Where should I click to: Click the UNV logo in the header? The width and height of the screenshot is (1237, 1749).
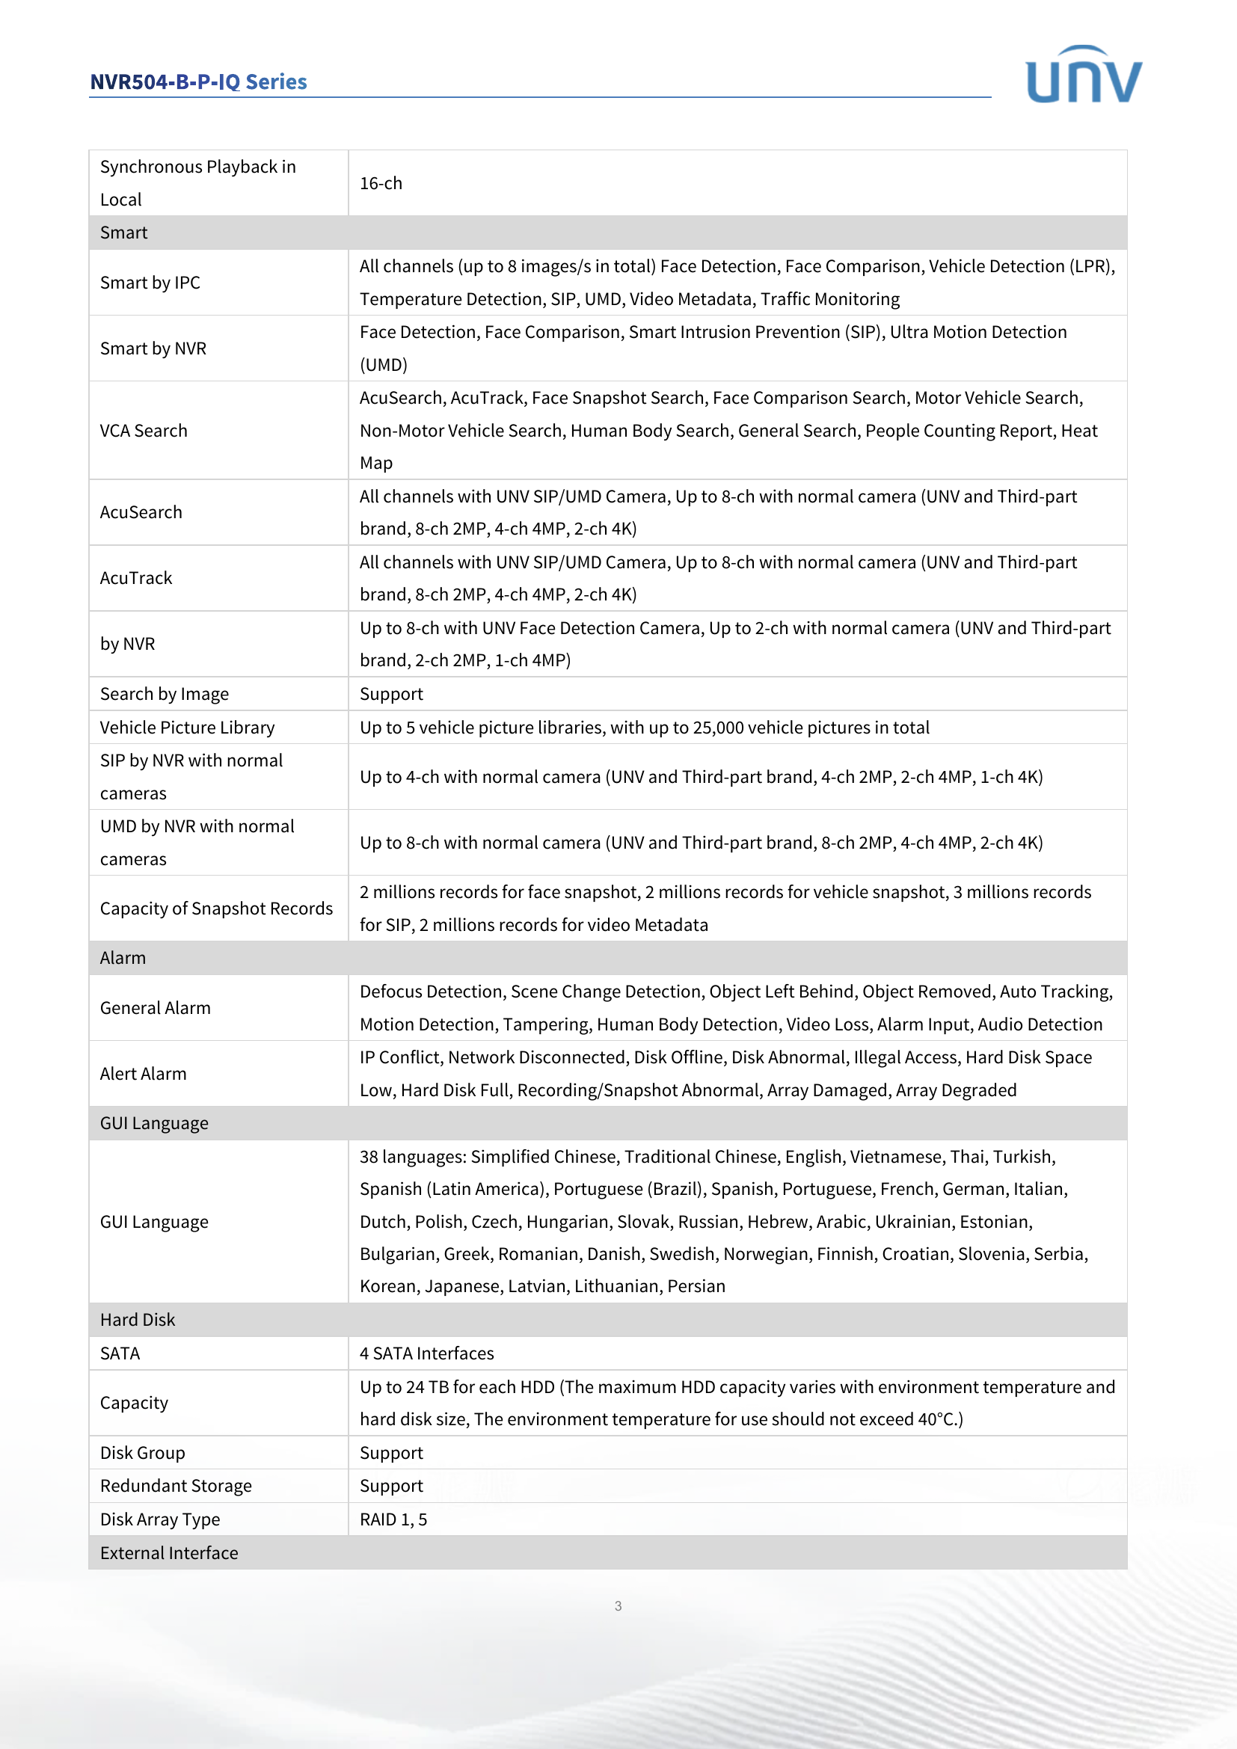pyautogui.click(x=1083, y=76)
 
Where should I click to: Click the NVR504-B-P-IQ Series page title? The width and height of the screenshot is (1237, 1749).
pyautogui.click(x=198, y=82)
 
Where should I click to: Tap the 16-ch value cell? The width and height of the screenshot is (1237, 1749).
pyautogui.click(x=381, y=184)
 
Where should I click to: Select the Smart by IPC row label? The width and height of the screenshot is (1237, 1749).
pyautogui.click(x=150, y=283)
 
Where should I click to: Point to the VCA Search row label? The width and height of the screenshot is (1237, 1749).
pyautogui.click(x=143, y=431)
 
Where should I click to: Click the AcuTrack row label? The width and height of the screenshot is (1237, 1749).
pyautogui.click(x=136, y=578)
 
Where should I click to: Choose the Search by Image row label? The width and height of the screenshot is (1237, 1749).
pyautogui.click(x=165, y=694)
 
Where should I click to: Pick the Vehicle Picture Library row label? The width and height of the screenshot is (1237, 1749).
pyautogui.click(x=188, y=728)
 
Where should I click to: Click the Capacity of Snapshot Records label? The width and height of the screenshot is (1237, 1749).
pyautogui.click(x=216, y=909)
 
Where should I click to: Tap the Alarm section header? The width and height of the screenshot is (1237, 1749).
pyautogui.click(x=123, y=959)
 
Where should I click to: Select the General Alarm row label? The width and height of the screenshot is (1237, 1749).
pyautogui.click(x=156, y=1008)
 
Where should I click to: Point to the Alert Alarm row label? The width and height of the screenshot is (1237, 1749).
pyautogui.click(x=143, y=1074)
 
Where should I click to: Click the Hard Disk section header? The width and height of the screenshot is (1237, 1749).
pyautogui.click(x=138, y=1320)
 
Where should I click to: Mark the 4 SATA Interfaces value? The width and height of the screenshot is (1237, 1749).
pyautogui.click(x=426, y=1353)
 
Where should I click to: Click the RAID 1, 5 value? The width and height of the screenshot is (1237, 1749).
pyautogui.click(x=393, y=1519)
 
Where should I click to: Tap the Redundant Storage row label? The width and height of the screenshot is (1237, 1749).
pyautogui.click(x=176, y=1487)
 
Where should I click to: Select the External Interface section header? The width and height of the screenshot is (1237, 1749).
pyautogui.click(x=169, y=1553)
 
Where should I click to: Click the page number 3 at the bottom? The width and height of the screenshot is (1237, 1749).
pyautogui.click(x=618, y=1605)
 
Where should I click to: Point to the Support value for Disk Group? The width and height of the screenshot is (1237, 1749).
pyautogui.click(x=391, y=1454)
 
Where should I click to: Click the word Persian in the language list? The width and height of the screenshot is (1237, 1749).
pyautogui.click(x=696, y=1287)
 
